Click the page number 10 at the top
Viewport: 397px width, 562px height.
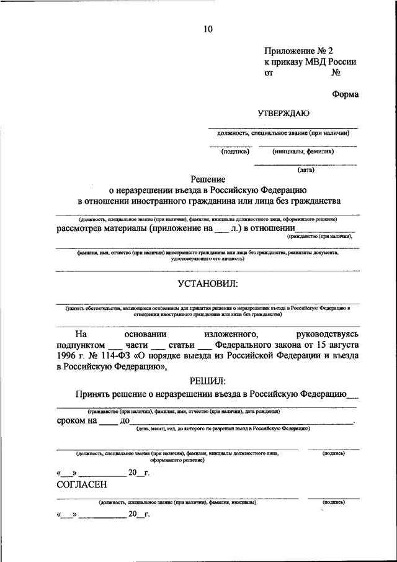[x=208, y=29]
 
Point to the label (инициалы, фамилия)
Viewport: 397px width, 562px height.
[x=303, y=151]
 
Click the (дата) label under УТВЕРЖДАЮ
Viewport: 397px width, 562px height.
[x=305, y=170]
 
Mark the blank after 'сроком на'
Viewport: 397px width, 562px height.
[x=108, y=422]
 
